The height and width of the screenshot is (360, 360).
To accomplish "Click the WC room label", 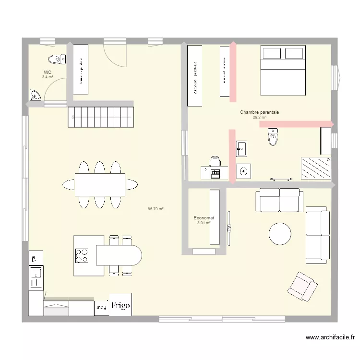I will pos(47,72).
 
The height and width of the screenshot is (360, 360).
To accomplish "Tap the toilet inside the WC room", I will pos(57,59).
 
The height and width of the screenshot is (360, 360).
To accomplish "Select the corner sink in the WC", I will pos(35,96).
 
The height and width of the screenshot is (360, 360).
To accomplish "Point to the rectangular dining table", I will pos(100,184).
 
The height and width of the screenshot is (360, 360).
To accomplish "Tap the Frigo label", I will pos(120,305).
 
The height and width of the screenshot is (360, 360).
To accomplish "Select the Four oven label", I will pos(101,306).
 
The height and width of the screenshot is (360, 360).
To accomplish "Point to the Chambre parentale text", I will pos(259,112).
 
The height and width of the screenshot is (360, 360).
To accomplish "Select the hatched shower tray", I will pos(315,168).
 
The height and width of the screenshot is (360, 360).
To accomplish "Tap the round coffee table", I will pos(280,234).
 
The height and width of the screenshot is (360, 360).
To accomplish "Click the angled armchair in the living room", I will pos(302,287).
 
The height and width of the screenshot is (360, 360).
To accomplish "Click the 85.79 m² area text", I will pos(156,209).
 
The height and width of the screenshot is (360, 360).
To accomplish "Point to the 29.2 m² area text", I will pos(259,117).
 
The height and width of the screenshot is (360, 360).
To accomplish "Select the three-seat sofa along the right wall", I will pos(317,235).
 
